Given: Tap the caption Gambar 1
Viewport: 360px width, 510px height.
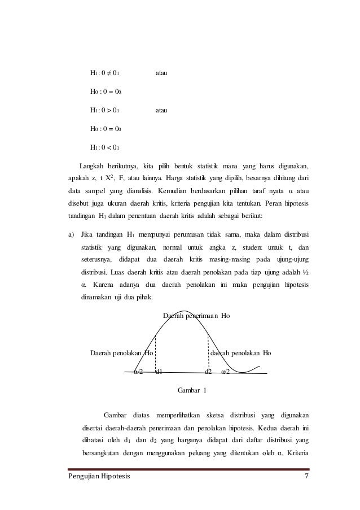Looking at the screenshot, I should [192, 390].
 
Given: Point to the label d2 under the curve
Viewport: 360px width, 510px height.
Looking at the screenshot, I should [208, 372].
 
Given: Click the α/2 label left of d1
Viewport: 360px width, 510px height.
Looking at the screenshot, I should [138, 372].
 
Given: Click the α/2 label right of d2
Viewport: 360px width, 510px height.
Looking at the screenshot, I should [225, 372].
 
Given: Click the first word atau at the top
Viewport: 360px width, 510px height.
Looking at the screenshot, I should [163, 73].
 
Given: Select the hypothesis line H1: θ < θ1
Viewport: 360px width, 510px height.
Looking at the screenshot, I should [104, 147].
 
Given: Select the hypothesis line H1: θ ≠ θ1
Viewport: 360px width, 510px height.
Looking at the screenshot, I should [104, 73].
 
